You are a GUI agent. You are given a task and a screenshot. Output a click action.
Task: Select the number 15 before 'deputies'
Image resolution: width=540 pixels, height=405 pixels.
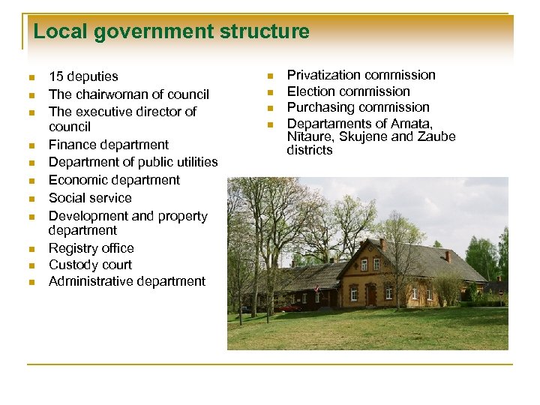[55, 76]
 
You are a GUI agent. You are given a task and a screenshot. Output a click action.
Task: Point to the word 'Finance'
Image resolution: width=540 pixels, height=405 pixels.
[71, 145]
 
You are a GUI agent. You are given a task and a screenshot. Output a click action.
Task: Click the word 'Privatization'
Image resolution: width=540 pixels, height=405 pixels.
[322, 75]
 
